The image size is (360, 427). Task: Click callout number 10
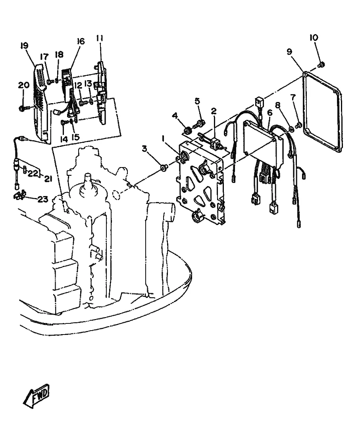coord(314,38)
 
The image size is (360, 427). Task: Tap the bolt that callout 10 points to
coord(321,65)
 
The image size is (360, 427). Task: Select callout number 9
coord(289,52)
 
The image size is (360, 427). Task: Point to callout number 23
coord(43,199)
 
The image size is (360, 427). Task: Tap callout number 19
coord(25,46)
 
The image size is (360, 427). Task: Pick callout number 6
coord(270,112)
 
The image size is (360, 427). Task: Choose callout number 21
coord(48,179)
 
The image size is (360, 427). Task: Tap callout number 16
coord(81,41)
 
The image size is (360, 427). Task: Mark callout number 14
coord(64,139)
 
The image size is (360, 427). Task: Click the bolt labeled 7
coord(299,125)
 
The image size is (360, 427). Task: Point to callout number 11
coord(100,38)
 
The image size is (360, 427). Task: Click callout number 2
coord(214,111)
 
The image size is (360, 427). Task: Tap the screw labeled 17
coord(50,81)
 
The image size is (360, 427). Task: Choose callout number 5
coord(197,101)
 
